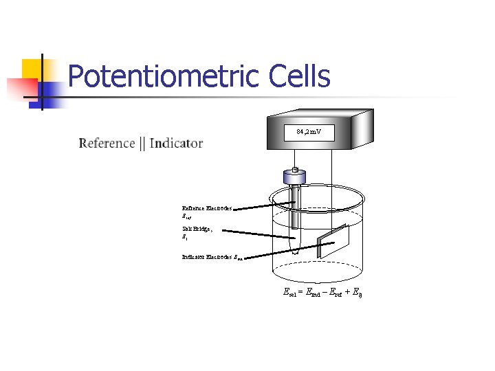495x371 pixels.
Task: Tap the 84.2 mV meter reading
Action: tap(309, 131)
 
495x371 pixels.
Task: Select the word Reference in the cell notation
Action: tap(107, 143)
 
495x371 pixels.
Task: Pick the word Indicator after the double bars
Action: tap(176, 143)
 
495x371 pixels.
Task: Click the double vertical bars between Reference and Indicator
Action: tap(142, 143)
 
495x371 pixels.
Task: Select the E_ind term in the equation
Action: tap(313, 293)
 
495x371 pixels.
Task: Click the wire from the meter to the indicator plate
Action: tap(333, 192)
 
